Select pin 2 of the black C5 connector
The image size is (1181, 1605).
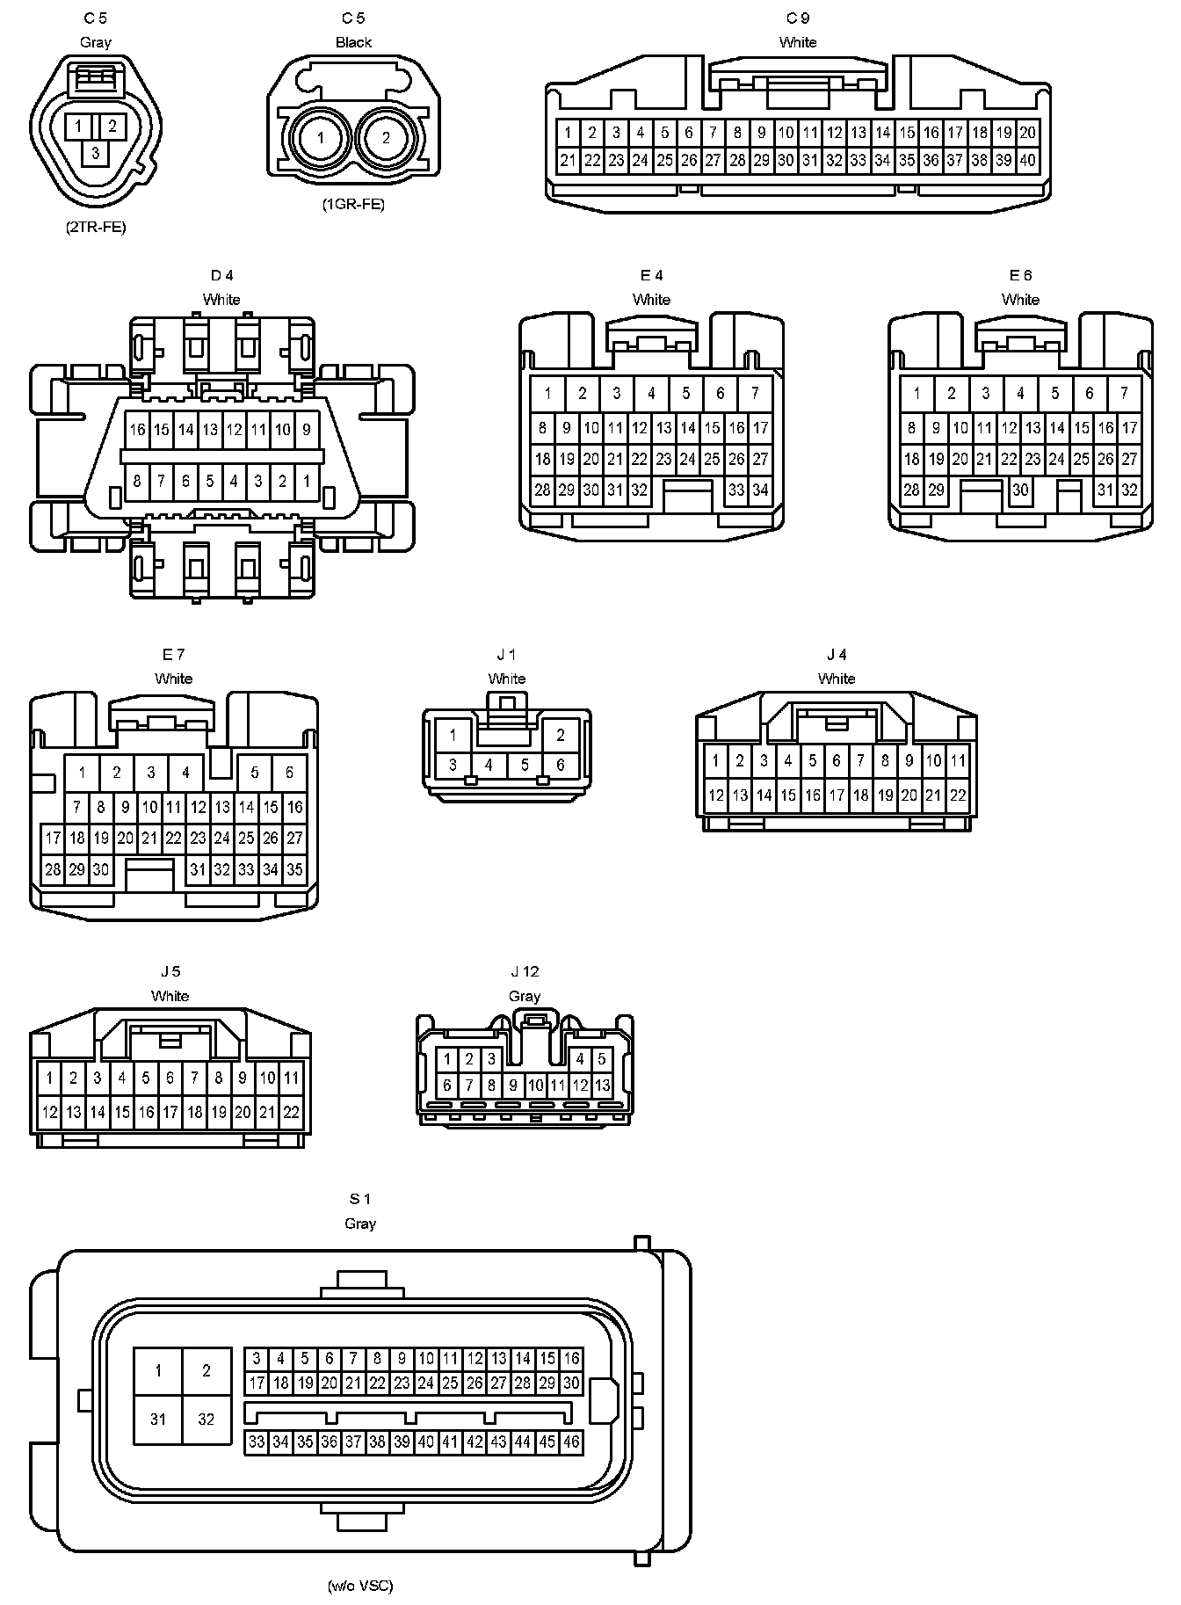[386, 138]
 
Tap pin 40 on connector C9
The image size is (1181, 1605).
[1027, 160]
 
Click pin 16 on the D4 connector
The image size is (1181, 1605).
[137, 430]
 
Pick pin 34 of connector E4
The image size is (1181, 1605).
[760, 490]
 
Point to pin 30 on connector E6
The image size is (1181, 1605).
[1020, 490]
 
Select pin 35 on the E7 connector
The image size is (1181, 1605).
[294, 869]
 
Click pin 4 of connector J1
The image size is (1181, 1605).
[489, 765]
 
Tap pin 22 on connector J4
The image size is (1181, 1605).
[958, 795]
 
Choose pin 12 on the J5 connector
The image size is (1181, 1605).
[50, 1112]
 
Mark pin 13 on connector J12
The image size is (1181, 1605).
[602, 1086]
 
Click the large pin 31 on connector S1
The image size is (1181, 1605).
[158, 1419]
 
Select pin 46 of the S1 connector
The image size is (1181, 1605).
[571, 1442]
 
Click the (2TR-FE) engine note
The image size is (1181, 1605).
[95, 227]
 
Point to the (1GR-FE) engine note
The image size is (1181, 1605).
[353, 205]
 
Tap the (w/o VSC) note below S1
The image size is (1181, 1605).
[360, 1586]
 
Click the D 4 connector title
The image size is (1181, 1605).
[221, 275]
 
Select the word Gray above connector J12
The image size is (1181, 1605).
[525, 996]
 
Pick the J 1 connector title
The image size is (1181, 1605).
[506, 654]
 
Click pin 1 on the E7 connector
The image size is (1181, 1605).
[82, 773]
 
